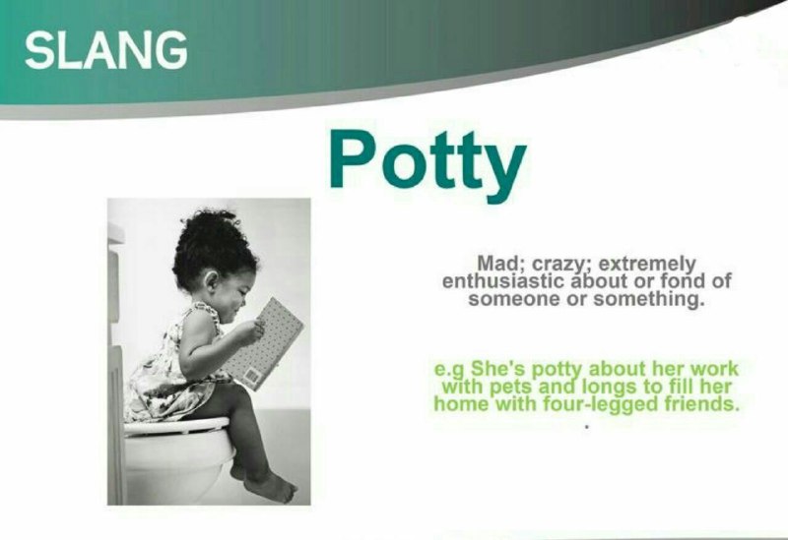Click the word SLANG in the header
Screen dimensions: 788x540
pyautogui.click(x=106, y=50)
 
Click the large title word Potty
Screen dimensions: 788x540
pyautogui.click(x=427, y=160)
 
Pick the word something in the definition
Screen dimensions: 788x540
pyautogui.click(x=647, y=299)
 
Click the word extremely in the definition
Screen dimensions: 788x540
pyautogui.click(x=648, y=265)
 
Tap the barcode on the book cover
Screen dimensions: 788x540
pyautogui.click(x=252, y=376)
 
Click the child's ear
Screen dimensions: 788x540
pyautogui.click(x=212, y=280)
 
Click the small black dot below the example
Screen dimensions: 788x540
pyautogui.click(x=586, y=428)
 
